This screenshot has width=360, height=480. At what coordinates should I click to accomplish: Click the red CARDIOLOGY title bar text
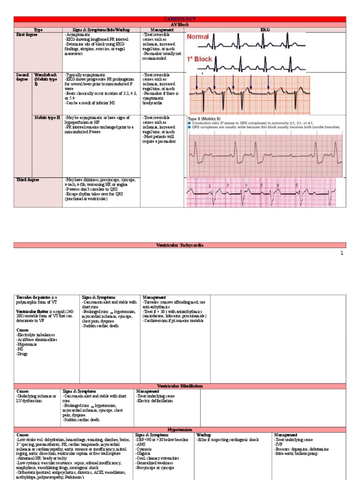pyautogui.click(x=180, y=19)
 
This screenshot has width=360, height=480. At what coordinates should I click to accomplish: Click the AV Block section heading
pyautogui.click(x=180, y=24)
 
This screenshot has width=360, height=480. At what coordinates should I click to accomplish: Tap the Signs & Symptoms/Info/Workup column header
pyautogui.click(x=101, y=30)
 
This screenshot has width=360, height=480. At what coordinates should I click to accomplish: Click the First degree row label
pyautogui.click(x=27, y=35)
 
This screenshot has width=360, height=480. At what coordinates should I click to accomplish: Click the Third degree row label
pyautogui.click(x=28, y=180)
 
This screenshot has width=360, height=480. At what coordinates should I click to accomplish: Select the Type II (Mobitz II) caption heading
pyautogui.click(x=204, y=119)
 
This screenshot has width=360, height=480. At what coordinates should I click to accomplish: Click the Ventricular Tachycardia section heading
pyautogui.click(x=180, y=245)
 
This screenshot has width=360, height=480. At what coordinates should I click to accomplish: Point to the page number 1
pyautogui.click(x=342, y=253)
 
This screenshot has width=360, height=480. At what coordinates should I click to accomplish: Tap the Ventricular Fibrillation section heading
pyautogui.click(x=180, y=386)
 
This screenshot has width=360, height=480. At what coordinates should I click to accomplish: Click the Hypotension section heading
pyautogui.click(x=180, y=430)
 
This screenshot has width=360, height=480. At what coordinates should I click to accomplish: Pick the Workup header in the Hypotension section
pyautogui.click(x=204, y=435)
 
